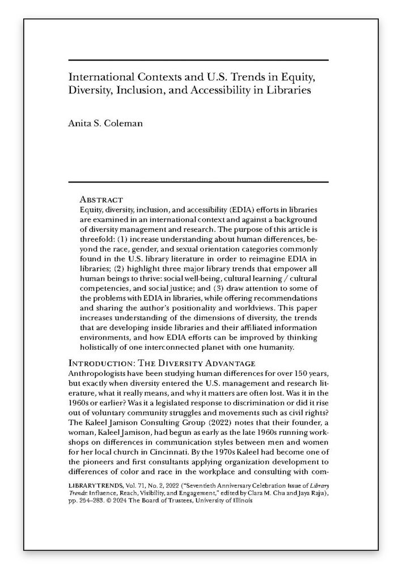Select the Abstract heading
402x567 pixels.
pos(101,200)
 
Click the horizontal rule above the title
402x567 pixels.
pos(198,60)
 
